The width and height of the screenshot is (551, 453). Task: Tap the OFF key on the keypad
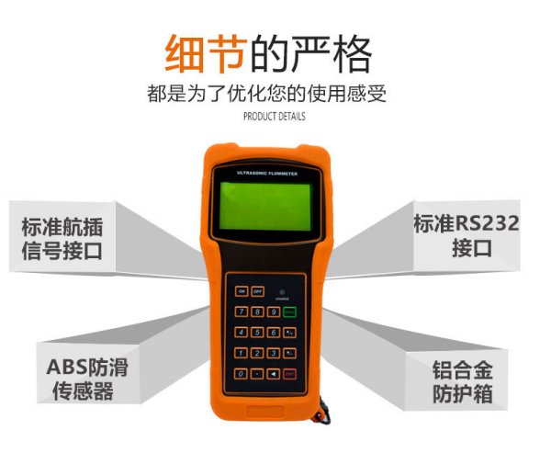pos(258,291)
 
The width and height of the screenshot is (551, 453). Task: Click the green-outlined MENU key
pos(289,312)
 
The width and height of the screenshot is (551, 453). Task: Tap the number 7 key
pos(242,312)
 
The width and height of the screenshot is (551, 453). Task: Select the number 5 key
pos(258,333)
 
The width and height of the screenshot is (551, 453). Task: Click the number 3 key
pos(274,353)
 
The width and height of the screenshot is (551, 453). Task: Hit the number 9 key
pos(274,312)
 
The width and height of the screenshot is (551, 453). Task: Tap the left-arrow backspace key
pos(274,374)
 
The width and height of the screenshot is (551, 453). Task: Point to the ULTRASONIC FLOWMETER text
pos(264,172)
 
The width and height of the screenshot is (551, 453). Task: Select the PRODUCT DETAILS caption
pos(275,117)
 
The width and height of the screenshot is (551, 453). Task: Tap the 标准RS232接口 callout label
pos(466,236)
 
